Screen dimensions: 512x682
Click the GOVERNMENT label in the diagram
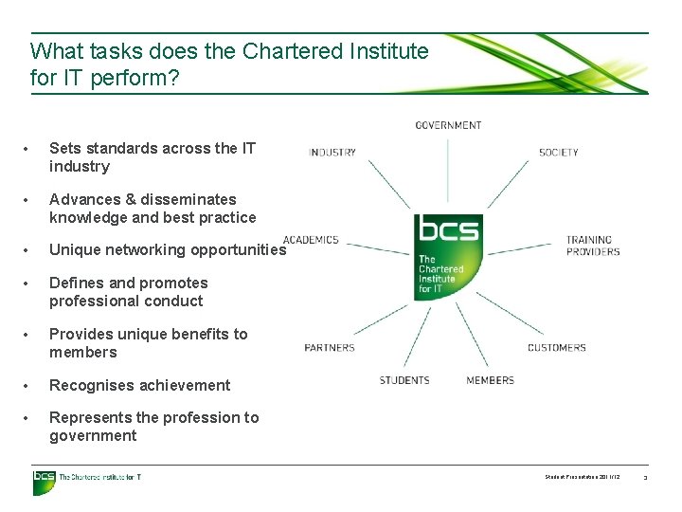(448, 125)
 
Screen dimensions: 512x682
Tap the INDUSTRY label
(332, 152)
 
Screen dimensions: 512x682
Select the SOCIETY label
(558, 152)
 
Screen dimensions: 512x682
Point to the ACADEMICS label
(311, 240)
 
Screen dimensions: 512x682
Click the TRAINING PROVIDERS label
(593, 246)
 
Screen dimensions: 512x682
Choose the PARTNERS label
(330, 348)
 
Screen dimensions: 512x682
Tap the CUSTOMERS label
(557, 348)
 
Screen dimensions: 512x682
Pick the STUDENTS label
(404, 380)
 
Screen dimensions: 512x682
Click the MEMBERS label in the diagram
(490, 380)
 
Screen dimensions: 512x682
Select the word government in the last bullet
(93, 436)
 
